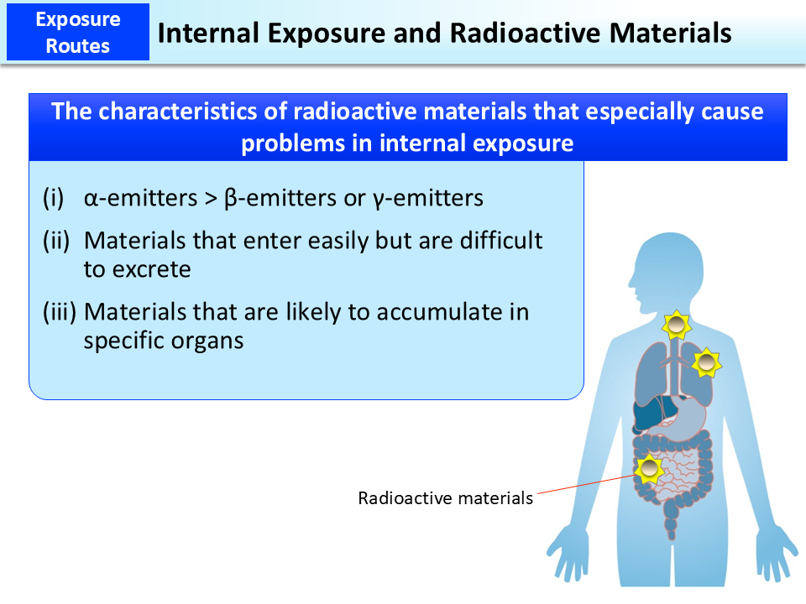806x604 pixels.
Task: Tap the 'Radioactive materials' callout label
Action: click(445, 498)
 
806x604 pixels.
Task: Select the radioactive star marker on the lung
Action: click(707, 362)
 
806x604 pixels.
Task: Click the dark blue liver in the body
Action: click(649, 413)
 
